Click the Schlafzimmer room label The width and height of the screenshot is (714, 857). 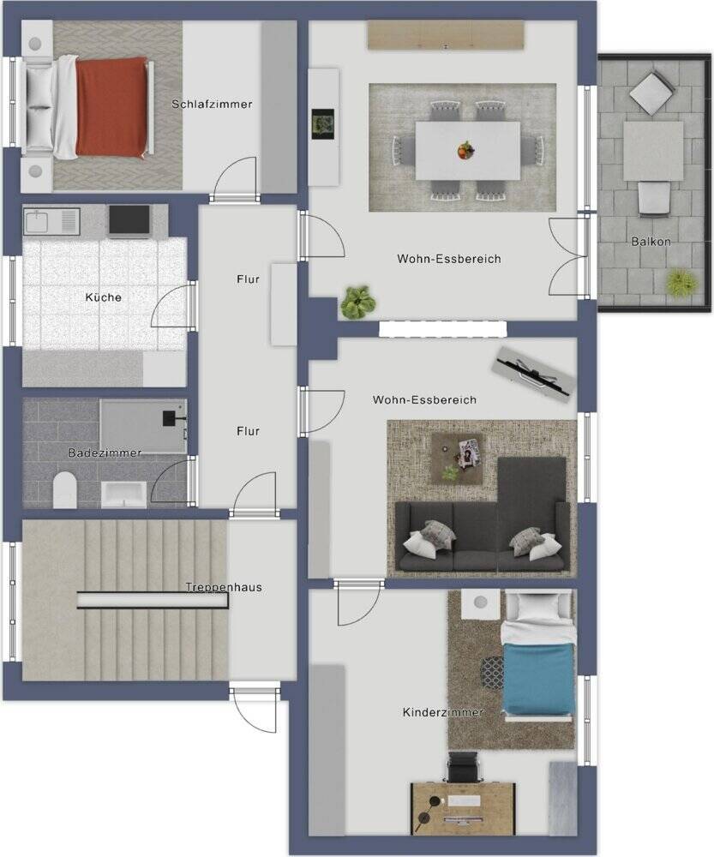click(x=212, y=104)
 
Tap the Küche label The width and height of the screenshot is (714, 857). click(x=104, y=297)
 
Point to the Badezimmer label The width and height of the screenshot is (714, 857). click(x=105, y=452)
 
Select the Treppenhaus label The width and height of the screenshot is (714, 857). click(x=224, y=588)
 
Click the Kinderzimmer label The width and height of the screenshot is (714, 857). click(x=443, y=712)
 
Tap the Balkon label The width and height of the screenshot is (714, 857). click(x=651, y=241)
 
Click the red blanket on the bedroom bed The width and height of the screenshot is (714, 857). click(x=111, y=106)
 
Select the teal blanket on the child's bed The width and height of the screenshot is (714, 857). click(x=538, y=678)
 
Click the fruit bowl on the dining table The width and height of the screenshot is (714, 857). click(x=465, y=150)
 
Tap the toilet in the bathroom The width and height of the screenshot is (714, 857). click(x=64, y=489)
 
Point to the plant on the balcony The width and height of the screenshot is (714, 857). click(x=681, y=283)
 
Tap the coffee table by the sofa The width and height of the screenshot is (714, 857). click(x=457, y=458)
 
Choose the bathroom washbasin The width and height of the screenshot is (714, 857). click(x=123, y=494)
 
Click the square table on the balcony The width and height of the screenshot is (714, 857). click(x=653, y=152)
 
